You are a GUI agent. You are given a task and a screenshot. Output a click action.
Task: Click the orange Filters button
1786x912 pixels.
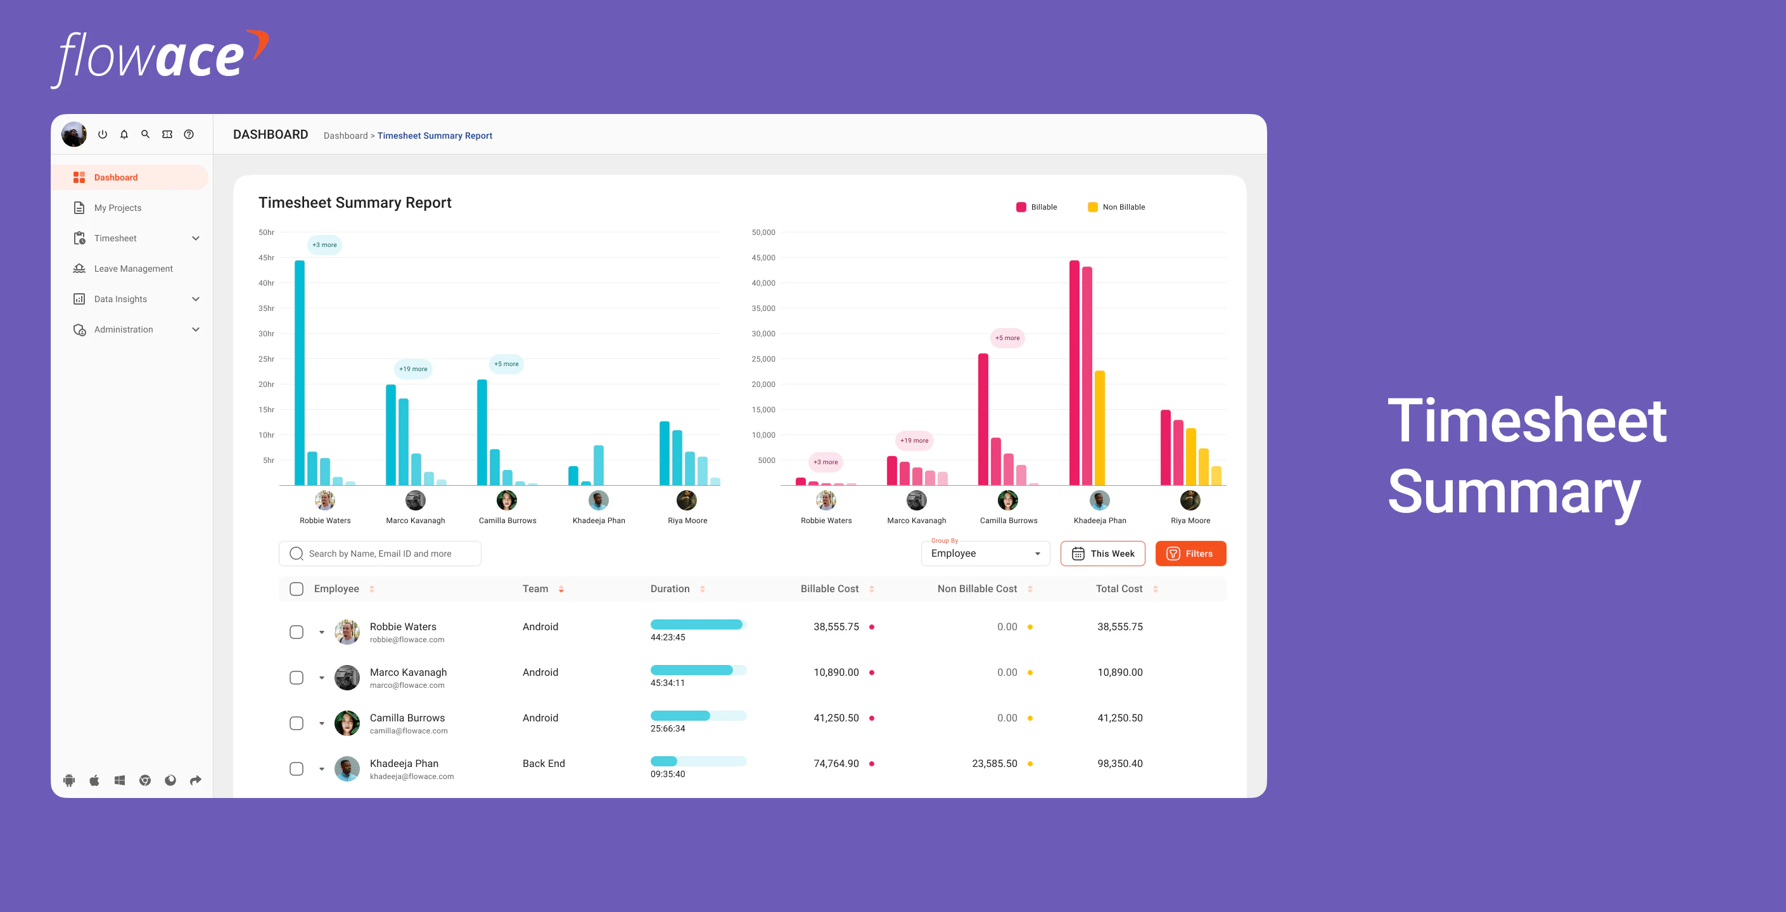[1190, 553]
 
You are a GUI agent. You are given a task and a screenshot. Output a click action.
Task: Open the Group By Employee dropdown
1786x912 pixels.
[985, 553]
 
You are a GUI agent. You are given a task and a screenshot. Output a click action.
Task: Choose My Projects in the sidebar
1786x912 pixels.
[117, 208]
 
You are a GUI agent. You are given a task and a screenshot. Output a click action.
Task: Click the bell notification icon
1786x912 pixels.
[124, 134]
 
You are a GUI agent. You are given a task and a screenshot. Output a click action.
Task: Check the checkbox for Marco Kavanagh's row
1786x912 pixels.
[296, 678]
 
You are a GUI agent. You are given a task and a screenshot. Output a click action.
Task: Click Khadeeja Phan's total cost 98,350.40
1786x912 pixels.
[1119, 764]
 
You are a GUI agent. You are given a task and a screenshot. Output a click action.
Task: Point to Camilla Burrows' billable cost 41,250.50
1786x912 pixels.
[836, 718]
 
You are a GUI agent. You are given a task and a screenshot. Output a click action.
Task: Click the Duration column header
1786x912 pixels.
[670, 589]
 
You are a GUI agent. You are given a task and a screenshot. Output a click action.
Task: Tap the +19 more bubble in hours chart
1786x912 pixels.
[413, 369]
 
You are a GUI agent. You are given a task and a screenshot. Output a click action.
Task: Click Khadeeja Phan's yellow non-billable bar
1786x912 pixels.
[1099, 428]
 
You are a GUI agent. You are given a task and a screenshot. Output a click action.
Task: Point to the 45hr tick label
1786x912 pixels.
[266, 258]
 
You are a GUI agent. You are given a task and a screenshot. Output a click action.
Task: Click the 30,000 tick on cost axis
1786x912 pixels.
[763, 334]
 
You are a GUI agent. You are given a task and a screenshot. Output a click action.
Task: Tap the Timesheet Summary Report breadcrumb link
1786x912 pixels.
[434, 136]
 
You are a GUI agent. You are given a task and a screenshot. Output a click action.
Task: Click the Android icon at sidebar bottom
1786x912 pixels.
[69, 780]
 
